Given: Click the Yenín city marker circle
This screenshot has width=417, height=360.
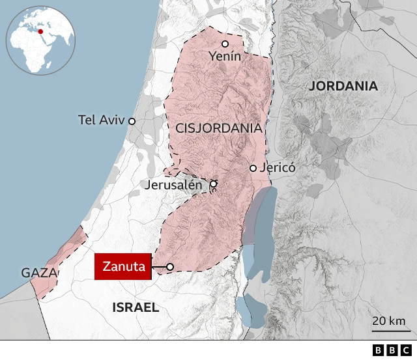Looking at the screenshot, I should coord(225,44).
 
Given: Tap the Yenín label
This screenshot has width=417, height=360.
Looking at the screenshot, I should coord(225,57).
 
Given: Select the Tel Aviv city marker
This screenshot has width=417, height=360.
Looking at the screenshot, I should coord(132,121).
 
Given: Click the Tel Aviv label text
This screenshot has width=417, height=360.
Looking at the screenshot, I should coord(101,120).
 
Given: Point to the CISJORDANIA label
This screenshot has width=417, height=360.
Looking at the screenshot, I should coord(219,128).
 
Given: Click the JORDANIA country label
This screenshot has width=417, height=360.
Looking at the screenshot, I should coord(343,86).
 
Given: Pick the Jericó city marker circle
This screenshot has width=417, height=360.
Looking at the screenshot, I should coord(253,168).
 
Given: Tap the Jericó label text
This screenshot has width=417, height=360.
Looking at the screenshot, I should coord(278,167).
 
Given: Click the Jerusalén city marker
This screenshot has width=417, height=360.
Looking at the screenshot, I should coord(213,184).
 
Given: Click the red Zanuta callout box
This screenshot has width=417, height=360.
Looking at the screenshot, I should coord(123,267).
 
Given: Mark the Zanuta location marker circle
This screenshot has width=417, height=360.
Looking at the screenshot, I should coord(170,267).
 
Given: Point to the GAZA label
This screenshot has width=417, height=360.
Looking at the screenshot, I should coord(39,273).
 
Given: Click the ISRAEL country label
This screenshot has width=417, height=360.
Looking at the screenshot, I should coord(136,307).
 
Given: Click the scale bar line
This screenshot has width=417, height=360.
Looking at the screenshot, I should coord(389,330).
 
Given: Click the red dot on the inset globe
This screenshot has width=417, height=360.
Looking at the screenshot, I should coord(40,31).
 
